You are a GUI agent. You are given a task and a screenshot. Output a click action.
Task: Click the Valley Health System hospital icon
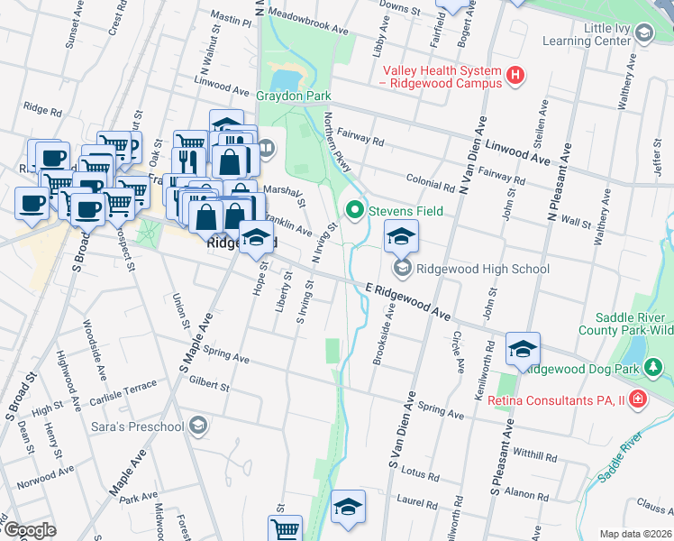[515, 76]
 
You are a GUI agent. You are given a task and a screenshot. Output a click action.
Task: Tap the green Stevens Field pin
[354, 211]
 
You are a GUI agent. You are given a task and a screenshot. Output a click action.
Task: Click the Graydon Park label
[294, 96]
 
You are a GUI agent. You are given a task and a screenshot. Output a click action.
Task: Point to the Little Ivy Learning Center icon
[643, 34]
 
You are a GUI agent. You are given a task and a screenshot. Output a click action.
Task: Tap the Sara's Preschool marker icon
[198, 424]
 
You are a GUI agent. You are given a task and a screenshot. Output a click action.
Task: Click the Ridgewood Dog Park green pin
[655, 368]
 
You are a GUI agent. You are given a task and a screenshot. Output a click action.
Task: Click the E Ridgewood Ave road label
[408, 302]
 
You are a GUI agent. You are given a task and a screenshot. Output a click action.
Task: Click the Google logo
[30, 529]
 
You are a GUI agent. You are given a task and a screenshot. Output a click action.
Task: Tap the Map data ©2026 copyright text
[635, 534]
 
